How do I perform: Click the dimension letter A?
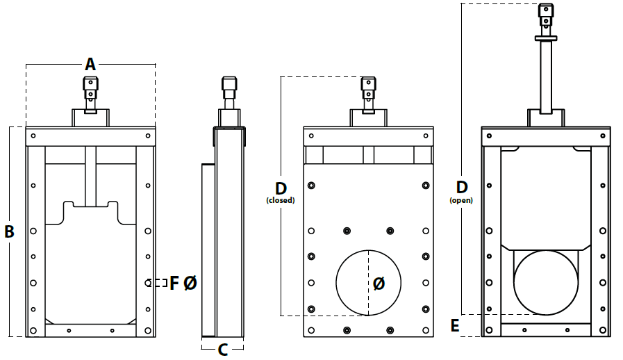tap(90, 64)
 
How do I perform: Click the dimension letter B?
tap(9, 231)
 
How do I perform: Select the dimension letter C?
tap(223, 350)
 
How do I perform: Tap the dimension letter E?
tap(455, 326)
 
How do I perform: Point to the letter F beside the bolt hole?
tap(174, 284)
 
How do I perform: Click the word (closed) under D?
tap(281, 200)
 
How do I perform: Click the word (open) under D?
tap(461, 200)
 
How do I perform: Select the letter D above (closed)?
tap(281, 188)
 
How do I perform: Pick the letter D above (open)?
tap(462, 187)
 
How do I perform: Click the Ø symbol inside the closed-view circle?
tap(379, 284)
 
